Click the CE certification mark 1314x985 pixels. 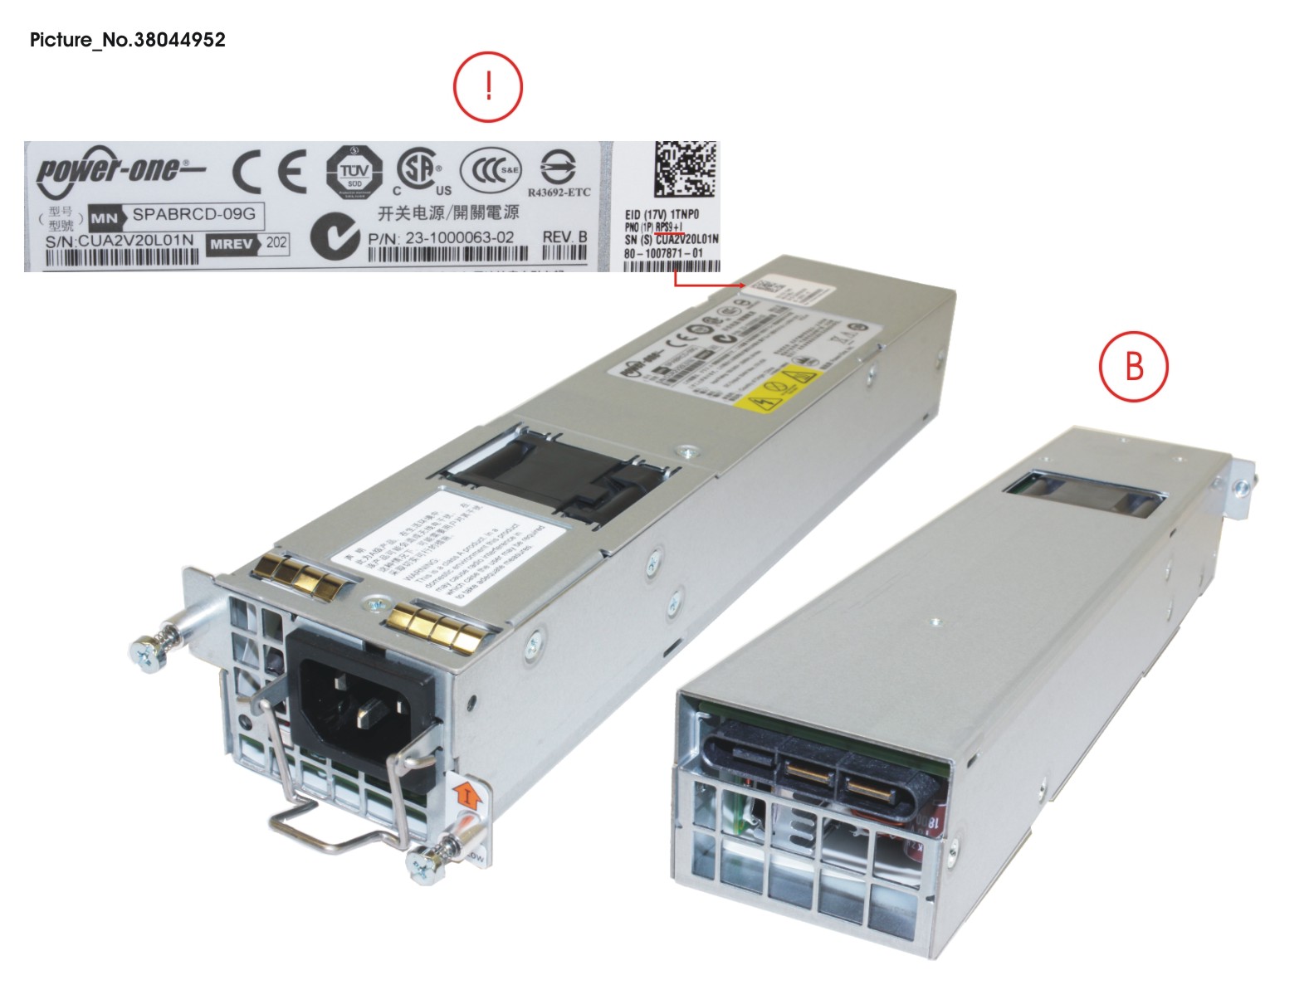point(269,172)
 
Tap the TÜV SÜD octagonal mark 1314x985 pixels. point(354,172)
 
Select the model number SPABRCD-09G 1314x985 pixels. point(193,214)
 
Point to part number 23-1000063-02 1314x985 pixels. point(441,237)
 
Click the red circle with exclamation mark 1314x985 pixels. point(488,87)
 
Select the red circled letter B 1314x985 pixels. point(1133,366)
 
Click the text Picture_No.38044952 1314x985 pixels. point(128,40)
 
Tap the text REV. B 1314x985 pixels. point(564,236)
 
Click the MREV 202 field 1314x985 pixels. point(247,243)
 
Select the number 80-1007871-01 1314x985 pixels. point(663,253)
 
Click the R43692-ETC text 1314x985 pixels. point(559,193)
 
